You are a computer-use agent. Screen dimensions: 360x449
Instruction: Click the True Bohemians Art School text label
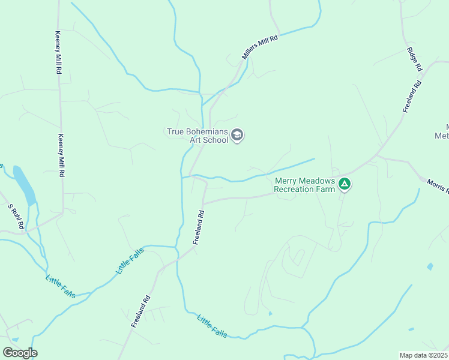[x=197, y=135]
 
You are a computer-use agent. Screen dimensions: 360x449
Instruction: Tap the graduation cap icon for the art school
[x=237, y=136]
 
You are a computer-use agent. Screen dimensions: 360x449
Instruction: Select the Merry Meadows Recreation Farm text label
[x=304, y=185]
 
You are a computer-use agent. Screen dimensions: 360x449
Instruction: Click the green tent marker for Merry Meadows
[x=344, y=184]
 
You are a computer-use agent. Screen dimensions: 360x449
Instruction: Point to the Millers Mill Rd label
[x=261, y=47]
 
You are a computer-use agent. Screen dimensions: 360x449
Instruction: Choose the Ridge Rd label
[x=415, y=59]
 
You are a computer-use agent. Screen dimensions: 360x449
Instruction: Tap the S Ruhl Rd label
[x=16, y=217]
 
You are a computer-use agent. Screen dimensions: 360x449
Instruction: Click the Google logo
[x=20, y=353]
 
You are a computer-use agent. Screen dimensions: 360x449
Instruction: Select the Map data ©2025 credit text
[x=424, y=355]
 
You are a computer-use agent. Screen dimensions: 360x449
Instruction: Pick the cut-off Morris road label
[x=438, y=186]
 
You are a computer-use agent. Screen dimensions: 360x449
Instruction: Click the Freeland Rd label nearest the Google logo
[x=140, y=311]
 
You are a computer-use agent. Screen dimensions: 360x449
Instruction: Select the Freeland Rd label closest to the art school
[x=199, y=227]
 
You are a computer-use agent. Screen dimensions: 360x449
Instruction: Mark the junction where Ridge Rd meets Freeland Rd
[x=423, y=73]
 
